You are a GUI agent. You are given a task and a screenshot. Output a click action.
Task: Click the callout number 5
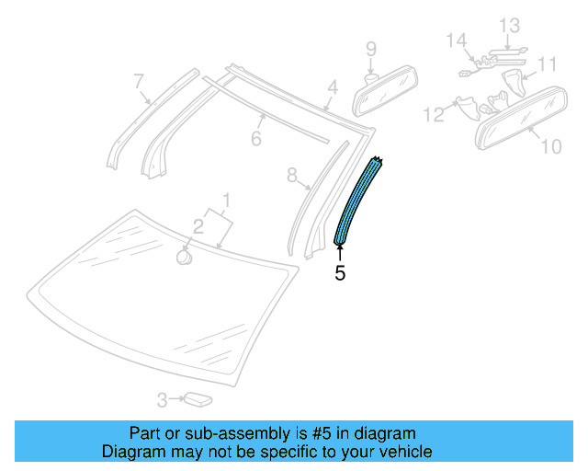(x=340, y=272)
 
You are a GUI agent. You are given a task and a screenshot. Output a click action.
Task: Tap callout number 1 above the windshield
(x=227, y=200)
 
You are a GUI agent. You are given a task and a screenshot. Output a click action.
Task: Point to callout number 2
(x=198, y=224)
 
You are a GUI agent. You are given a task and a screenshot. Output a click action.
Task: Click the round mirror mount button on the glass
(x=184, y=256)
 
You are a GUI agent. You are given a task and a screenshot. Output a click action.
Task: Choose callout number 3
(x=162, y=400)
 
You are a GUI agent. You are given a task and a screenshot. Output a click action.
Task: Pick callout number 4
(x=333, y=88)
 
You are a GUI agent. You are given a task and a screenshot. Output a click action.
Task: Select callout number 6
(x=256, y=139)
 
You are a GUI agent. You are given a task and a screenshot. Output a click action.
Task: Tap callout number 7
(x=139, y=82)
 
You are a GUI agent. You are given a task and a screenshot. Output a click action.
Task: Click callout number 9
(x=371, y=48)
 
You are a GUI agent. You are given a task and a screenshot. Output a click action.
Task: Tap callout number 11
(x=548, y=64)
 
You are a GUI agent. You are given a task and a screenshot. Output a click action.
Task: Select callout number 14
(x=456, y=40)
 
